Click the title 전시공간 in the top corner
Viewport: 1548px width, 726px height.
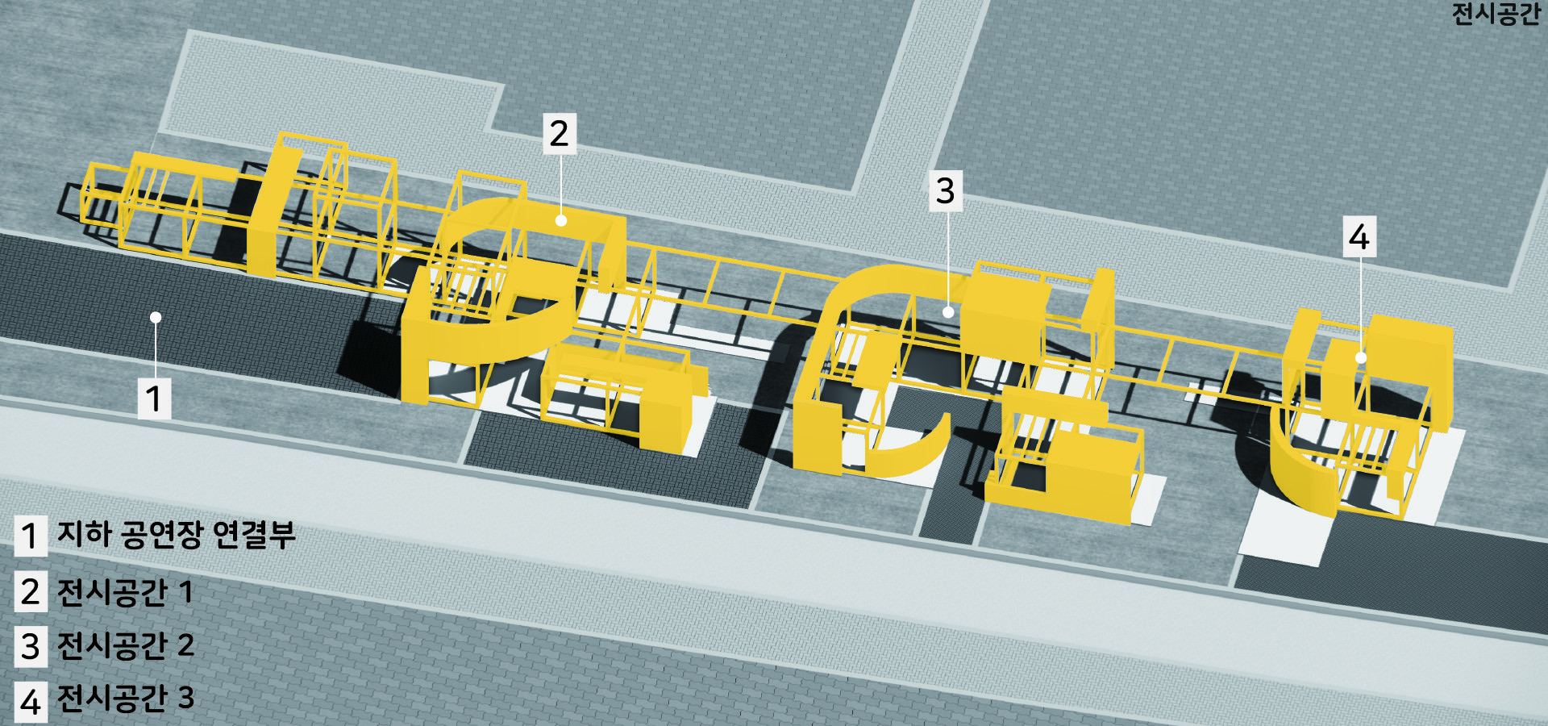tap(1496, 14)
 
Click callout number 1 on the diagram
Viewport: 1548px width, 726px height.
tap(154, 398)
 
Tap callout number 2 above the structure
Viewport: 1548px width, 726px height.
tap(560, 133)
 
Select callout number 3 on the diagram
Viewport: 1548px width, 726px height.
tap(946, 191)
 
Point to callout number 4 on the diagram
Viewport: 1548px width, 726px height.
tap(1359, 236)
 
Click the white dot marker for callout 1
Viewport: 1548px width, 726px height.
tap(156, 318)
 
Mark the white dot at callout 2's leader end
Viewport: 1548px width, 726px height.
tap(560, 219)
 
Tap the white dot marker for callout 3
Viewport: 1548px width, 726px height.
tap(948, 311)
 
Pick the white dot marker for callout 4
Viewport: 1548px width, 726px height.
tap(1361, 357)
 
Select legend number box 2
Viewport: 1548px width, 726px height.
tap(31, 591)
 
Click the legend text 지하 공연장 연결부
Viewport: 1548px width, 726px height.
tap(177, 534)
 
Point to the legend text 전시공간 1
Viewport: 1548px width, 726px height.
tap(125, 591)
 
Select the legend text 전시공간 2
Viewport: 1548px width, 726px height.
tap(125, 645)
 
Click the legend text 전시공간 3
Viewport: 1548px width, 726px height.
tap(125, 698)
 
